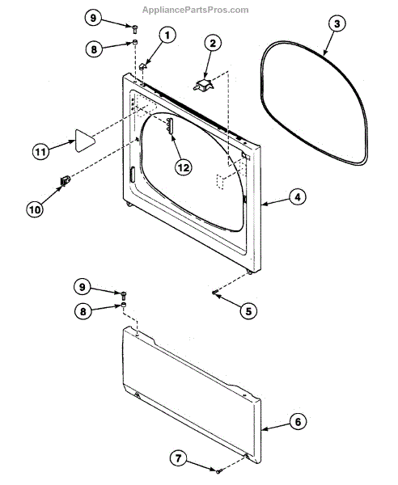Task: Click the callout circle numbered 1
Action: [x=167, y=36]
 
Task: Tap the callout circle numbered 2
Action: [x=213, y=44]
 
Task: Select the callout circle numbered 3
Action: [x=337, y=23]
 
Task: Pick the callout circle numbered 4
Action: [x=298, y=197]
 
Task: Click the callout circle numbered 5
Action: [x=248, y=311]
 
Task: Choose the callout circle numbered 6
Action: [x=298, y=422]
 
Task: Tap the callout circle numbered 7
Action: [x=179, y=458]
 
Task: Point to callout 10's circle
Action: [x=35, y=209]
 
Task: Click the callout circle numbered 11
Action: [x=41, y=152]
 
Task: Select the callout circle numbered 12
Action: [x=184, y=167]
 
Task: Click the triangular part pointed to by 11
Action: [x=83, y=141]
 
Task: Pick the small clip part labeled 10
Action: [x=65, y=180]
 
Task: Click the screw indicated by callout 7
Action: [x=219, y=471]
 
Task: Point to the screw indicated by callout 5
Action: [x=214, y=293]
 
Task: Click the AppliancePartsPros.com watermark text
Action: [x=195, y=11]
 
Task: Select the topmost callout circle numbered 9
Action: [x=93, y=18]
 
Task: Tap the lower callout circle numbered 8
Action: [x=83, y=311]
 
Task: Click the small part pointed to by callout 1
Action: [x=142, y=66]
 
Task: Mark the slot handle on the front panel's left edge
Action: [x=132, y=175]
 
